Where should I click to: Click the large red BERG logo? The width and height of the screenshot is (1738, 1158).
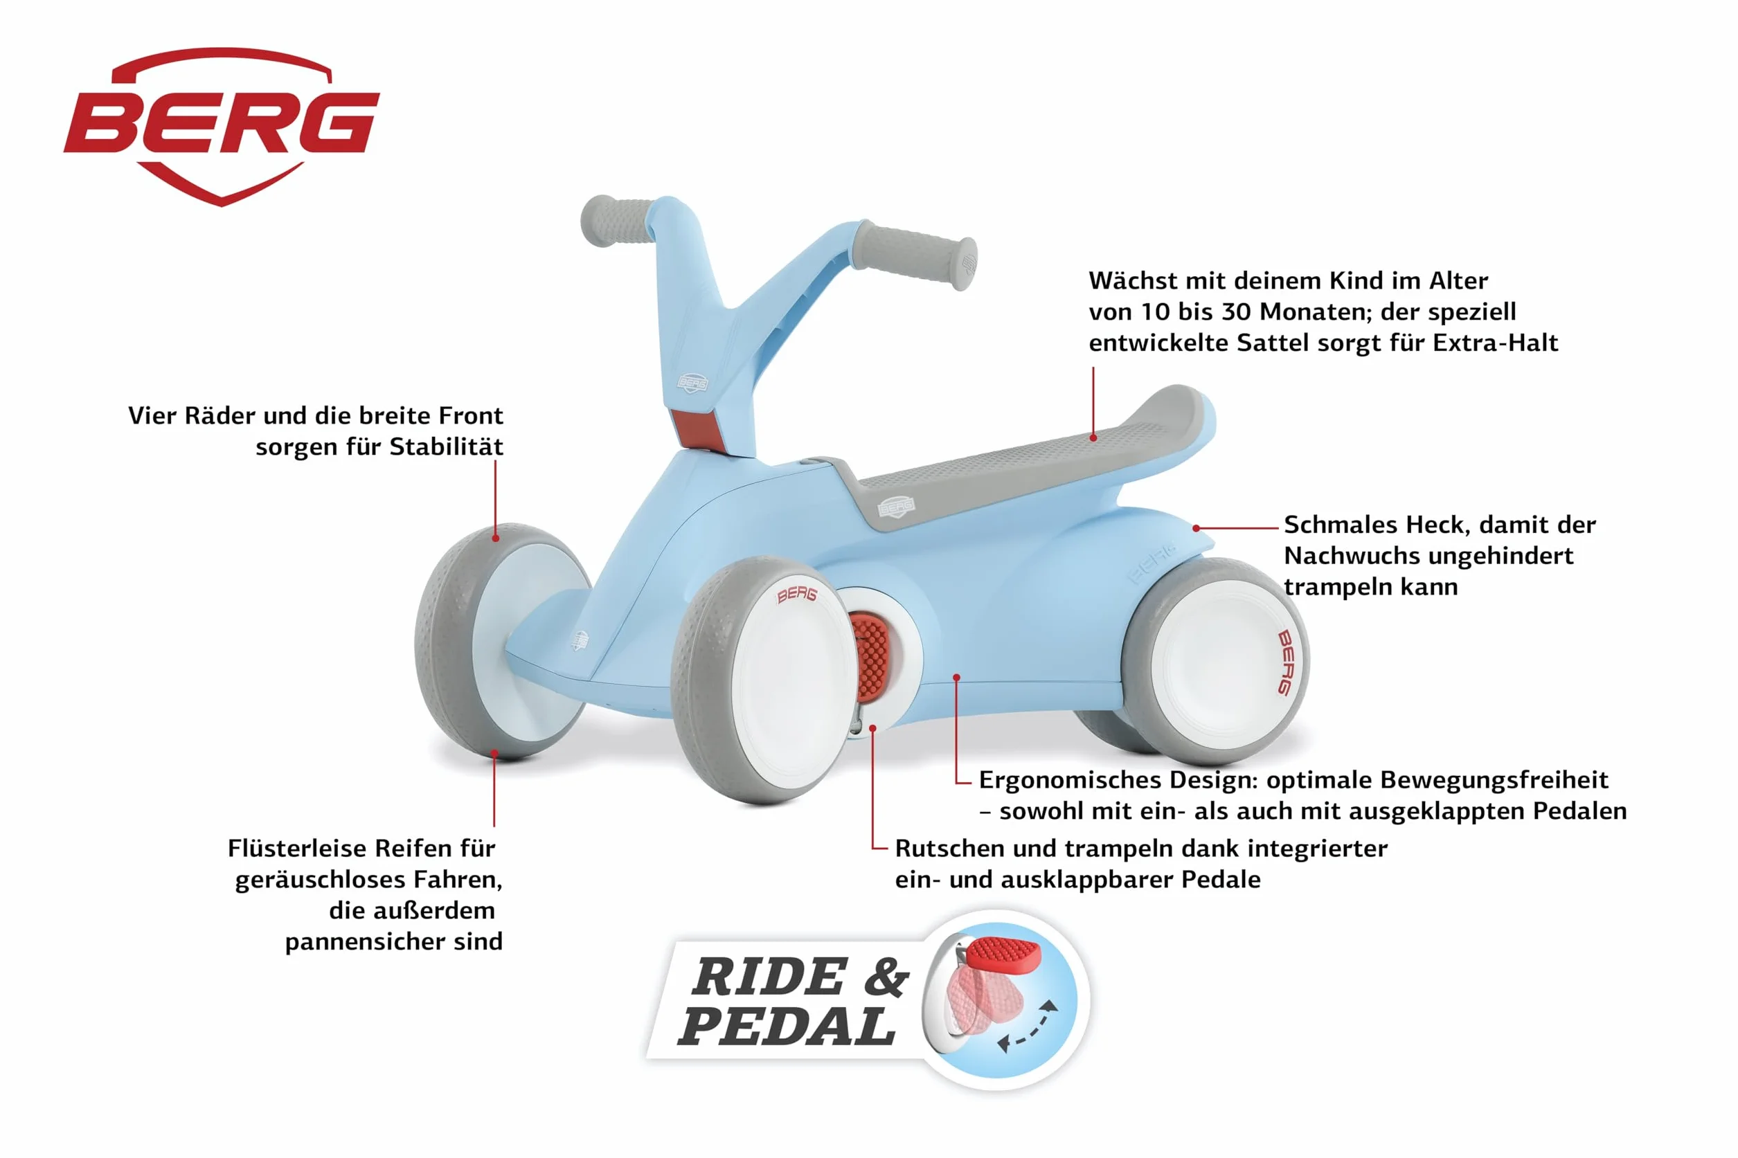click(x=222, y=125)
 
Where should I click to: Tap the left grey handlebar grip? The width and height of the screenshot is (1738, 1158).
click(x=617, y=220)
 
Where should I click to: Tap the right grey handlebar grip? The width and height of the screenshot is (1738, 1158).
click(x=916, y=255)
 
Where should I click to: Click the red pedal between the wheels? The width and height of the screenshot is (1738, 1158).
click(x=871, y=658)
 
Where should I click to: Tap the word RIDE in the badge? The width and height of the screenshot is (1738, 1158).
click(x=769, y=977)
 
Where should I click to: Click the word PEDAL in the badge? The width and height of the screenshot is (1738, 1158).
click(x=787, y=1026)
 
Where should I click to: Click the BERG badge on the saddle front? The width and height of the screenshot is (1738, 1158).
click(x=896, y=507)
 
